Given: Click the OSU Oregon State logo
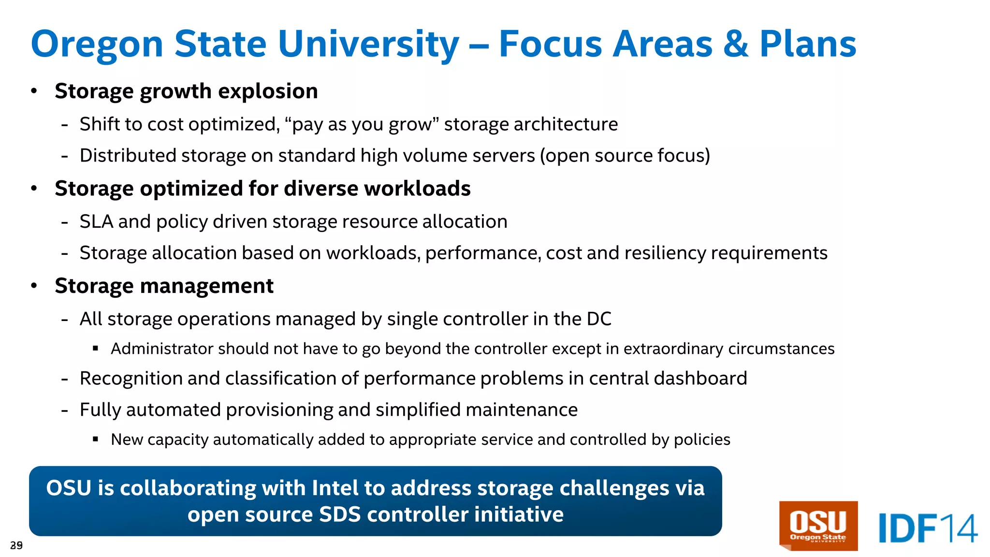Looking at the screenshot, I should tap(818, 526).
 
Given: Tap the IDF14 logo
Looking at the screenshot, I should tap(927, 528).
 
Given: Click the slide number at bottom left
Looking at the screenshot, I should tap(16, 545).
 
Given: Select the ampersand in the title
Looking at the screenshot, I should tap(736, 44).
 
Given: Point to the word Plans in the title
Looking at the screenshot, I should tap(808, 44).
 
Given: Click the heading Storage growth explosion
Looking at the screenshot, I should tap(186, 91).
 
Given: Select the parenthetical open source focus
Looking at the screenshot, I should tap(625, 156).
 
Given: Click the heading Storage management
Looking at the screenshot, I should tap(164, 286).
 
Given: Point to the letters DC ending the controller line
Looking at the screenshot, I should tap(599, 319).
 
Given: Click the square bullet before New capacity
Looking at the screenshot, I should tap(96, 440).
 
